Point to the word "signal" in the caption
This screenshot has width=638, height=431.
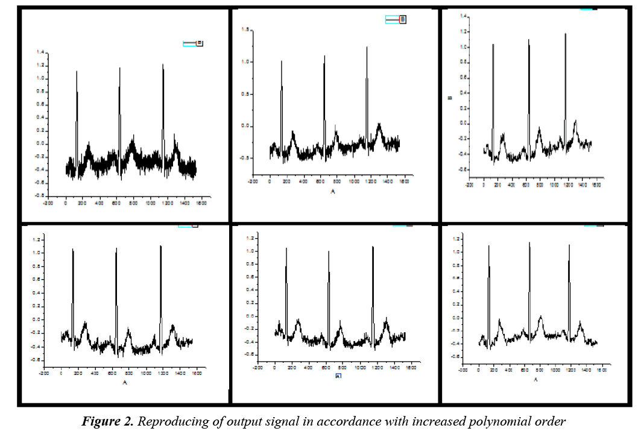click(x=280, y=421)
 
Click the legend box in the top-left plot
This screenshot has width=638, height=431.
click(x=193, y=43)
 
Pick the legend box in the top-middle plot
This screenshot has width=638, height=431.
click(x=396, y=20)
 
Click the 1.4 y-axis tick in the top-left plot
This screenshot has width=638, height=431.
click(x=40, y=52)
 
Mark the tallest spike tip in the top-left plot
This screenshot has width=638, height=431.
click(x=163, y=64)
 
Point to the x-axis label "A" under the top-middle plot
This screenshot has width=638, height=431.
click(x=332, y=191)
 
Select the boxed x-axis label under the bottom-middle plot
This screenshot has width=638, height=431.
click(x=338, y=376)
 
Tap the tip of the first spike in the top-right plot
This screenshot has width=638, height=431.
click(x=493, y=44)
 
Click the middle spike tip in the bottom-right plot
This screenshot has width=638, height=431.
click(x=529, y=242)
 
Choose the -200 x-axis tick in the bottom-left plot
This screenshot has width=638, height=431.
click(x=44, y=373)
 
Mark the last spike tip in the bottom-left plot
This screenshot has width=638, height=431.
click(x=160, y=245)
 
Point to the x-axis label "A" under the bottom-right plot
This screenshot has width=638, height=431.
click(x=535, y=380)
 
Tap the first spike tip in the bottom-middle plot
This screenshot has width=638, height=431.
click(x=286, y=248)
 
